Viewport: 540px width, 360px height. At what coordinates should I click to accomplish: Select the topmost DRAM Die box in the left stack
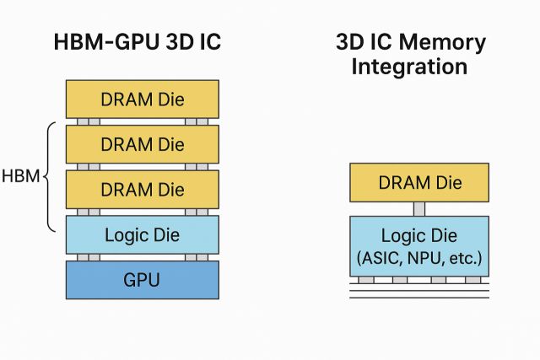[143, 99]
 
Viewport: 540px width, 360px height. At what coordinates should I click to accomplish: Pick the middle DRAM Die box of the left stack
[143, 144]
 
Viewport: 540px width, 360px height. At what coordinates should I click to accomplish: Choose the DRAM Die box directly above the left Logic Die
[143, 190]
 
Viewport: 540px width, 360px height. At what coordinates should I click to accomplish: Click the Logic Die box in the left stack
[143, 234]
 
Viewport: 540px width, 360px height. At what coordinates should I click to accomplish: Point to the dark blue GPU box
[143, 279]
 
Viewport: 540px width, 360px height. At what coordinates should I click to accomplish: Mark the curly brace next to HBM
[48, 176]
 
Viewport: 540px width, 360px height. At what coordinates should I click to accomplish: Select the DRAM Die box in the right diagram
[418, 183]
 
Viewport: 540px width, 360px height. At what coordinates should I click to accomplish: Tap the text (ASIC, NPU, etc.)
[418, 257]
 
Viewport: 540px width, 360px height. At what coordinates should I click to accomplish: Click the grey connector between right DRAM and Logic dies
[418, 209]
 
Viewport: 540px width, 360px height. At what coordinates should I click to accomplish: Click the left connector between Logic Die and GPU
[83, 257]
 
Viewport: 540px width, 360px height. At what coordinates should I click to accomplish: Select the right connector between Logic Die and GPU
[202, 257]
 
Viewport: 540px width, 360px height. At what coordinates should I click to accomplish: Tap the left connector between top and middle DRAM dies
[83, 121]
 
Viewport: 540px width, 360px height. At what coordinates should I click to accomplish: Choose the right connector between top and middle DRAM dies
[202, 121]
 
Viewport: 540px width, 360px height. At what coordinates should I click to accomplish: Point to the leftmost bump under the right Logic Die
[364, 279]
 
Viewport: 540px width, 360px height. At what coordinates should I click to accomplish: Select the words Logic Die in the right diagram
[418, 235]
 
